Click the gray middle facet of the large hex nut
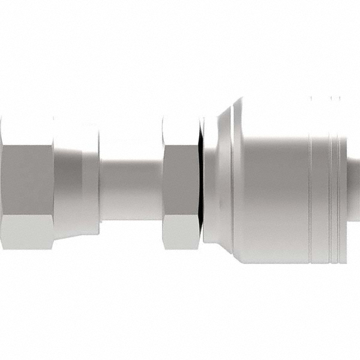(x=27, y=180)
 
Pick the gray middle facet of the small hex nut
(x=181, y=180)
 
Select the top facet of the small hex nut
(x=181, y=129)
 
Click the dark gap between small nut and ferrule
(x=202, y=180)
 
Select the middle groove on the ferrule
(x=329, y=180)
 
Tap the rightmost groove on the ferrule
(x=339, y=180)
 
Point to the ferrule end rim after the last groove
(x=344, y=180)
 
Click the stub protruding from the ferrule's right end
(x=355, y=180)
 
